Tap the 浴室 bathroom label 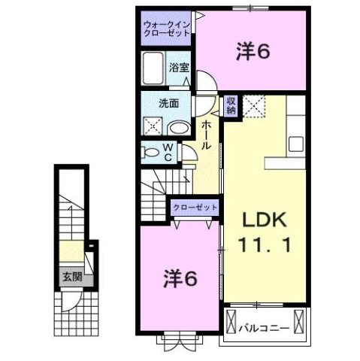(179, 67)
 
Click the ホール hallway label (206, 135)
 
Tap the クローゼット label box (195, 207)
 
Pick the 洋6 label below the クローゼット (180, 278)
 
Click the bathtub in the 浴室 (155, 69)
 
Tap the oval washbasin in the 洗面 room (176, 127)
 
